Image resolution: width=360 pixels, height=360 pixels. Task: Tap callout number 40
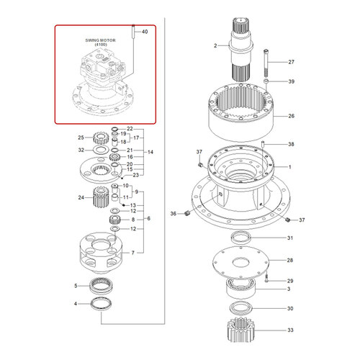pyautogui.click(x=145, y=32)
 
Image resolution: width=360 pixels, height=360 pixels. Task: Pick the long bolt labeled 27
pyautogui.click(x=266, y=63)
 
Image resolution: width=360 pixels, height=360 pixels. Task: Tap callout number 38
pyautogui.click(x=291, y=144)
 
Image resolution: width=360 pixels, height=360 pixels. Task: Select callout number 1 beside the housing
pyautogui.click(x=289, y=167)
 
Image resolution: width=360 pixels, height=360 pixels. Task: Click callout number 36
pyautogui.click(x=173, y=214)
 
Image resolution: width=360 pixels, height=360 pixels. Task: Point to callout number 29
pyautogui.click(x=291, y=280)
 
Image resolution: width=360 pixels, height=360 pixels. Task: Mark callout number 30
pyautogui.click(x=291, y=310)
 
